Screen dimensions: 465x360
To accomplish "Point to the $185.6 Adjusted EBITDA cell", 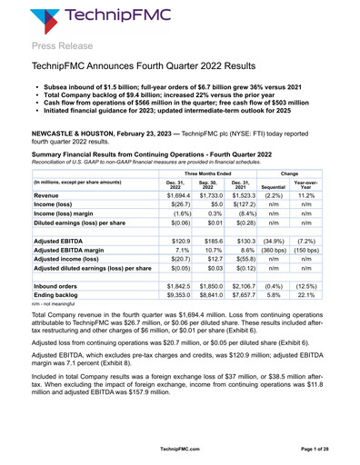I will pyautogui.click(x=216, y=260).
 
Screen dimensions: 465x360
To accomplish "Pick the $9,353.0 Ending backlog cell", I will pyautogui.click(x=182, y=320).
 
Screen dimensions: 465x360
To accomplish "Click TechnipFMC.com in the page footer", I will pyautogui.click(x=180, y=448).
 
